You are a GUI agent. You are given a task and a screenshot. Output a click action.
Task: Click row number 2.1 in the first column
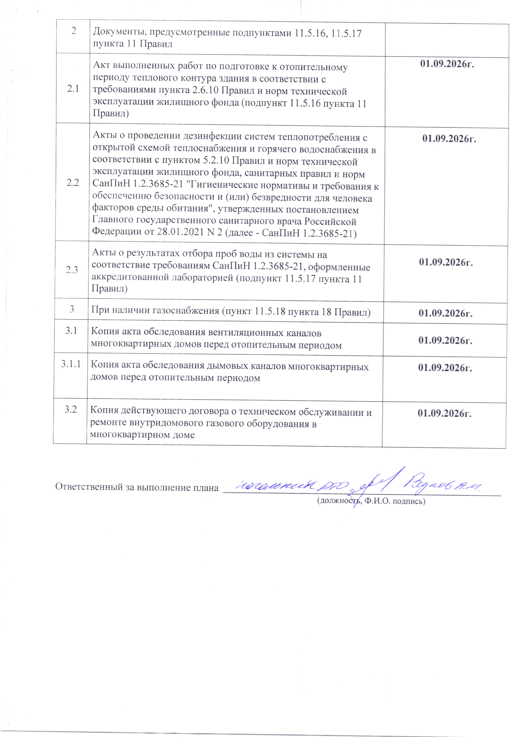(x=73, y=89)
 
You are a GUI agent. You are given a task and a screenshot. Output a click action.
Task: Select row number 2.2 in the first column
(x=72, y=183)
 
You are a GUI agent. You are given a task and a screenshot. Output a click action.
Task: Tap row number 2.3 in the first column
(x=72, y=270)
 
